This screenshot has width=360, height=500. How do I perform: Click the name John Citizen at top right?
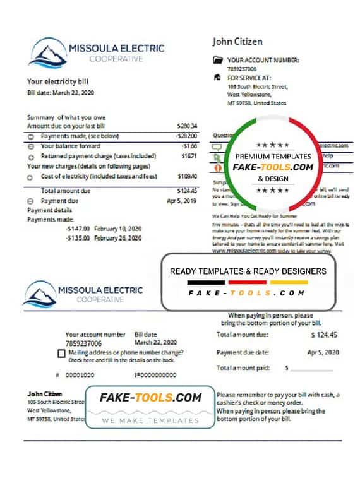tap(237, 42)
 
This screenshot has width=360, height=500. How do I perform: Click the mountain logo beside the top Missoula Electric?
tap(47, 52)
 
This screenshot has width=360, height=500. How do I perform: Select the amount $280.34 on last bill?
tap(188, 126)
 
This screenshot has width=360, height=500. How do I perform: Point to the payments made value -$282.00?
tap(187, 136)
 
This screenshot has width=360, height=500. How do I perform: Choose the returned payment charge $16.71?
tap(189, 156)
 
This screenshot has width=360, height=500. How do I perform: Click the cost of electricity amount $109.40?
tap(188, 176)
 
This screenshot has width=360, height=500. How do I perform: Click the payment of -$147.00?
tap(76, 228)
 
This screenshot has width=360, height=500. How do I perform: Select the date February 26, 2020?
tap(118, 238)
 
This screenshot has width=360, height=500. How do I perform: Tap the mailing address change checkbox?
tap(61, 354)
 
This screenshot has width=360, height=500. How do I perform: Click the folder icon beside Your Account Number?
tap(218, 61)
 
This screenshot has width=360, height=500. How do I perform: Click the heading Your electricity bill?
tap(57, 81)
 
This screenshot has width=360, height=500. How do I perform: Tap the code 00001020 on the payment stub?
tap(80, 375)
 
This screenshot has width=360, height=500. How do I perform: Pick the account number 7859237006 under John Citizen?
tap(242, 68)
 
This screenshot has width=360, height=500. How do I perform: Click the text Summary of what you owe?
tap(66, 117)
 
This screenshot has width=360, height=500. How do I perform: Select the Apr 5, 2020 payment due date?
tap(323, 352)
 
